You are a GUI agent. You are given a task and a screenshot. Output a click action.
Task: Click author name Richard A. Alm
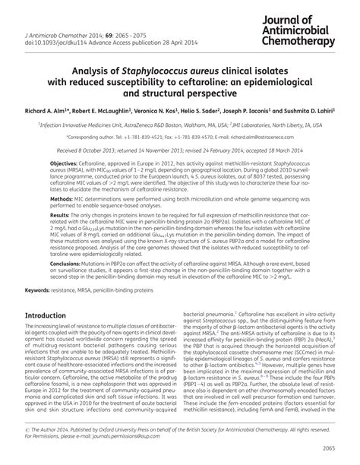[x=39, y=110]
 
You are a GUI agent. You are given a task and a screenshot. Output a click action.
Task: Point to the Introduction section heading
[x=54, y=337]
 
